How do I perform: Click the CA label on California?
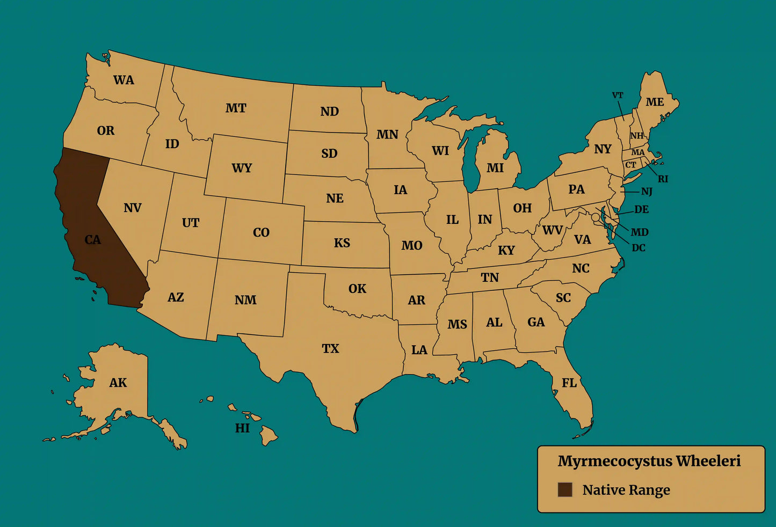click(x=92, y=239)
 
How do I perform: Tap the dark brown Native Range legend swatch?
click(x=564, y=489)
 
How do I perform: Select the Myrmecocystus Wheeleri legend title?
click(x=649, y=461)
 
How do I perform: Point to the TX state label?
click(x=330, y=349)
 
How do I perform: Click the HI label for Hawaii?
click(x=242, y=428)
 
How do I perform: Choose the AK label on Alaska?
click(x=118, y=383)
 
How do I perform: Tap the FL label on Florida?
click(x=569, y=383)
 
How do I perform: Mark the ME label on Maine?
click(x=655, y=102)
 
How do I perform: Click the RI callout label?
click(x=663, y=179)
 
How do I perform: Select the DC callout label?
click(x=639, y=248)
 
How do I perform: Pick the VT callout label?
click(x=618, y=96)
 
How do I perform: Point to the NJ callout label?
click(x=647, y=191)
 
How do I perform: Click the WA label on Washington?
click(x=124, y=80)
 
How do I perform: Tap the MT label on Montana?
click(x=236, y=108)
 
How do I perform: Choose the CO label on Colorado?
click(x=261, y=232)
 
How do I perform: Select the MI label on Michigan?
click(x=495, y=168)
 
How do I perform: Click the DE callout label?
click(x=642, y=209)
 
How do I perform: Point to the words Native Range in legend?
click(x=626, y=490)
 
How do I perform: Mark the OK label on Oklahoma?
click(x=357, y=289)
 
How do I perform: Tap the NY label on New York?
click(x=603, y=149)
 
